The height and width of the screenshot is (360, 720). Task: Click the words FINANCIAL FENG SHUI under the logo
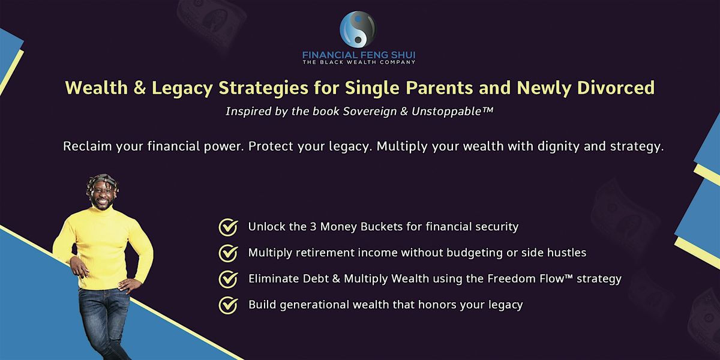359,54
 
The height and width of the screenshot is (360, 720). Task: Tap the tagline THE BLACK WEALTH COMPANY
359,62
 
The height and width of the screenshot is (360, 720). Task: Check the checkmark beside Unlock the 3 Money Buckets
227,227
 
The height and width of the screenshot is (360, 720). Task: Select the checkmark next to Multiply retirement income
227,253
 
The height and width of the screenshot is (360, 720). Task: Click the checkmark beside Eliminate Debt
227,279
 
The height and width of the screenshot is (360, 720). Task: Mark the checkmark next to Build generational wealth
227,305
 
